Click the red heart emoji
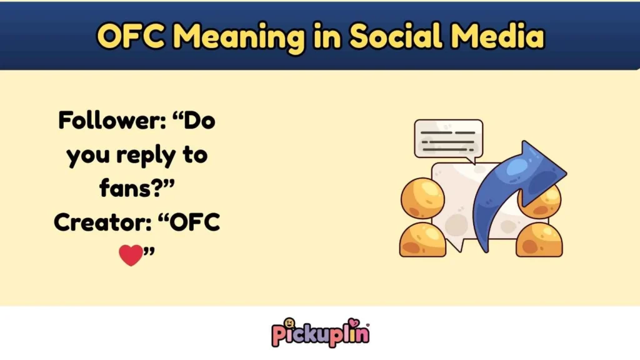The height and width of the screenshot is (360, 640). [x=131, y=255]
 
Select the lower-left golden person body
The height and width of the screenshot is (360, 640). [x=422, y=240]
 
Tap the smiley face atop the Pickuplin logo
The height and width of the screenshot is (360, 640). [x=289, y=323]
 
